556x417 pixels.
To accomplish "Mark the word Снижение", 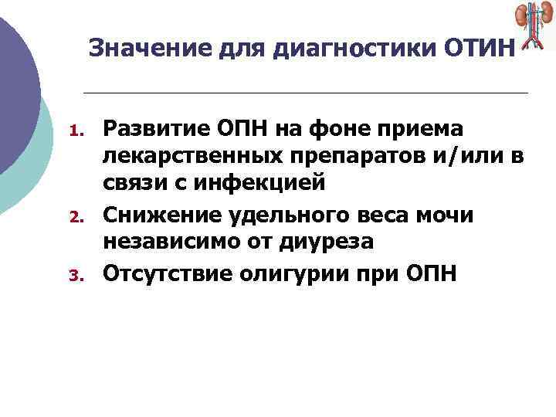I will [x=157, y=213].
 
